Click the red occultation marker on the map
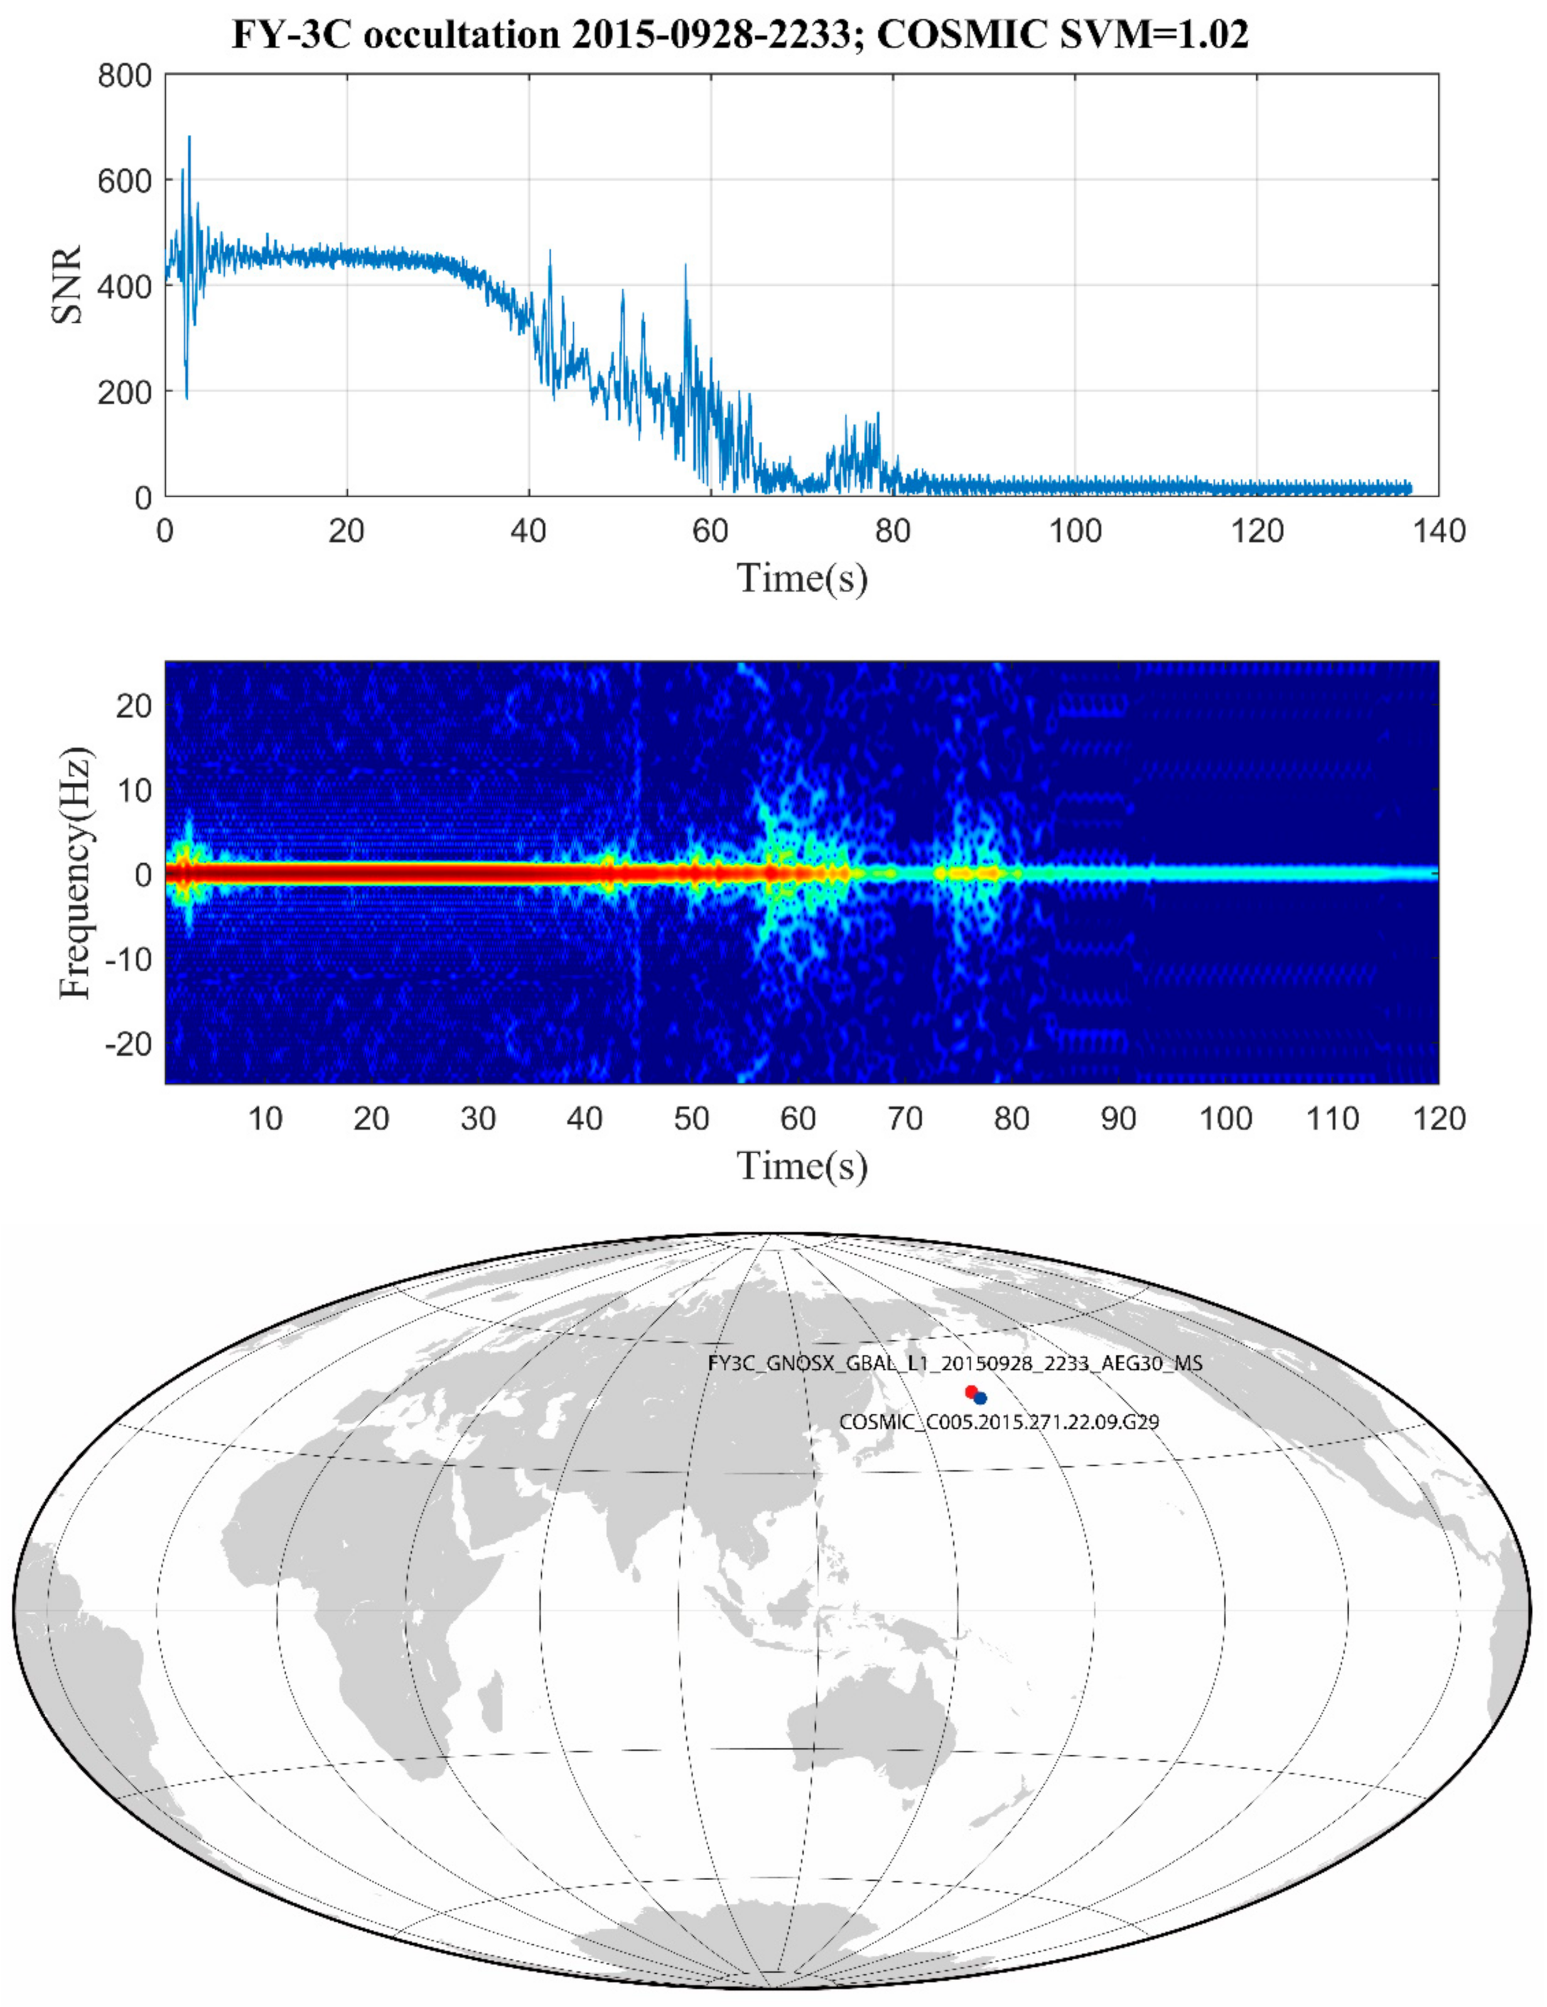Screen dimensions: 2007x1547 click(971, 1391)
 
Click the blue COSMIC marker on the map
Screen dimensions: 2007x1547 click(980, 1397)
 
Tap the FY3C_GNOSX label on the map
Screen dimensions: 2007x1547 click(954, 1363)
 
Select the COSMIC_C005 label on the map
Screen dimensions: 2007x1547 click(998, 1422)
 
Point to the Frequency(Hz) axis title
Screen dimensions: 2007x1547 click(75, 873)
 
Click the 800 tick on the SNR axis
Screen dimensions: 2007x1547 click(125, 75)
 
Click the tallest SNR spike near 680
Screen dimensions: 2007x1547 click(190, 138)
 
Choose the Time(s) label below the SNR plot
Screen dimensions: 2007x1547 click(802, 578)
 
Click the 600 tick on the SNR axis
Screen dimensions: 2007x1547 click(125, 180)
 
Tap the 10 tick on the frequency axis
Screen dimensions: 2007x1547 click(134, 789)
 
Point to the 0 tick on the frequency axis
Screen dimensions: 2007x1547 click(143, 873)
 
